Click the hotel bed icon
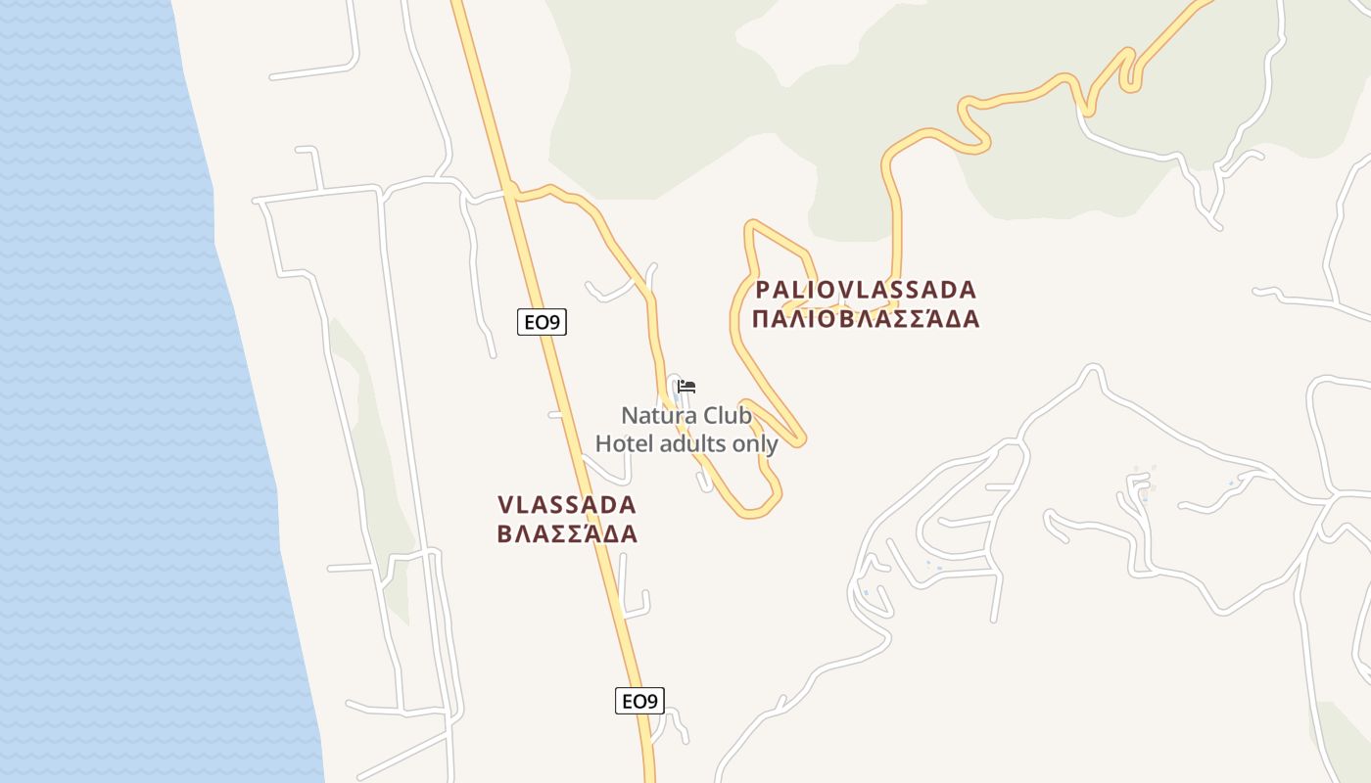point(686,387)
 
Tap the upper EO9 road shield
point(542,322)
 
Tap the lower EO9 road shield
point(639,701)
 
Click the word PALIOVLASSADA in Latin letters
point(866,290)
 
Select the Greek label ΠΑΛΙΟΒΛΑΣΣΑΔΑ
point(866,319)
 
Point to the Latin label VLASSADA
point(567,505)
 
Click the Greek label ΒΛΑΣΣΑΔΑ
point(567,534)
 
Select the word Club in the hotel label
point(728,415)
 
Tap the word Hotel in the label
point(624,443)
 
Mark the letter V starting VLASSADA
point(506,505)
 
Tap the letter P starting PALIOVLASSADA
point(763,290)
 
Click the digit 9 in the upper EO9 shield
point(556,322)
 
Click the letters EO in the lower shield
point(633,701)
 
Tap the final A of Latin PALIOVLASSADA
point(968,290)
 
